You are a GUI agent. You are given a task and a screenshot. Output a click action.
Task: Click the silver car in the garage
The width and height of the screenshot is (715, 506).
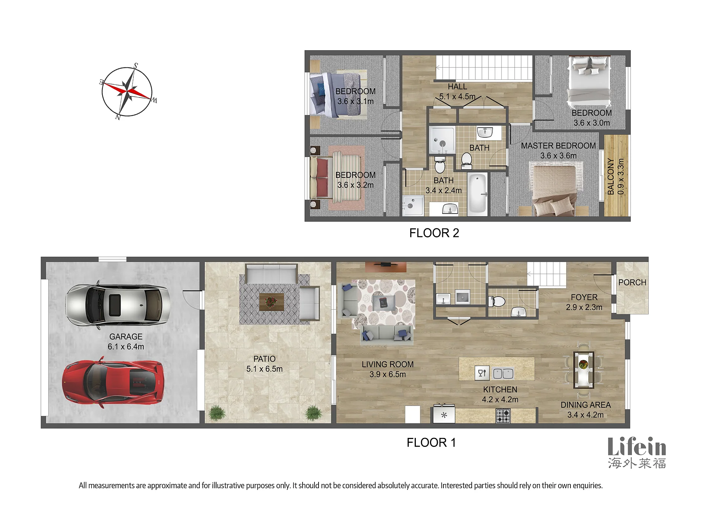[x=118, y=305]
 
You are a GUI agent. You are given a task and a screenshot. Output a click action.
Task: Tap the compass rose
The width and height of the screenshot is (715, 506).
[x=127, y=92]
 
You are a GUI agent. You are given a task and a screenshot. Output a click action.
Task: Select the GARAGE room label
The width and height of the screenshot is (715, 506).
[x=126, y=336]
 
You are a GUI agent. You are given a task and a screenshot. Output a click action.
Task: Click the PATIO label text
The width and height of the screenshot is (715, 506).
[x=265, y=359]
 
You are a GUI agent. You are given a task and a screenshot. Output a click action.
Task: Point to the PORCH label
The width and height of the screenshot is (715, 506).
[x=632, y=282]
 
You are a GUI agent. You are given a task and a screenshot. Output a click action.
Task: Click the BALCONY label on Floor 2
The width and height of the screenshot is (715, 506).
[x=611, y=176]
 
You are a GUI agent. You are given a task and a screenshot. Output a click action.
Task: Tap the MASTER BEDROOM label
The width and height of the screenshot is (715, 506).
[x=558, y=145]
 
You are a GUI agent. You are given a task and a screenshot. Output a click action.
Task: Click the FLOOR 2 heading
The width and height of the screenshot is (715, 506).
[x=434, y=233]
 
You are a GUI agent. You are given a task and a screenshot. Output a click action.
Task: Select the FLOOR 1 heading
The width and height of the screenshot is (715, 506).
[x=431, y=442]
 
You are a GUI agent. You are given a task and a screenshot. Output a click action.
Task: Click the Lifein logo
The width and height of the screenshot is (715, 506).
[x=637, y=452]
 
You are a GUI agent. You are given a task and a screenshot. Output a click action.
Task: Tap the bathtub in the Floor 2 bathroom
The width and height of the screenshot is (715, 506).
[x=478, y=194]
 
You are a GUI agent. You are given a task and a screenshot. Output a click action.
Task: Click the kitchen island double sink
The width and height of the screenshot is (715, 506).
[x=503, y=373]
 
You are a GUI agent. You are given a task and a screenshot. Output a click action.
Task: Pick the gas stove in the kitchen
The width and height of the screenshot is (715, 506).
[x=503, y=416]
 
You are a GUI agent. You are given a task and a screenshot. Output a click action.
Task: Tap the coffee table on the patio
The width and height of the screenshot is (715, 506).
[x=272, y=302]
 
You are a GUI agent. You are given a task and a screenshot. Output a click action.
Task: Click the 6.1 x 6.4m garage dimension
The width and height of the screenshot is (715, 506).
[x=126, y=346]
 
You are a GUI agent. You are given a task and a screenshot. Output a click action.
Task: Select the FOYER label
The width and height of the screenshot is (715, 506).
[x=584, y=297]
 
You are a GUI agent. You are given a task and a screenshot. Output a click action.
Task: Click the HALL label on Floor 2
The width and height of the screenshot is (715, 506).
[x=457, y=87]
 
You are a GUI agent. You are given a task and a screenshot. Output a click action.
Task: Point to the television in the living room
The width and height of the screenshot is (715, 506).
[x=386, y=265]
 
